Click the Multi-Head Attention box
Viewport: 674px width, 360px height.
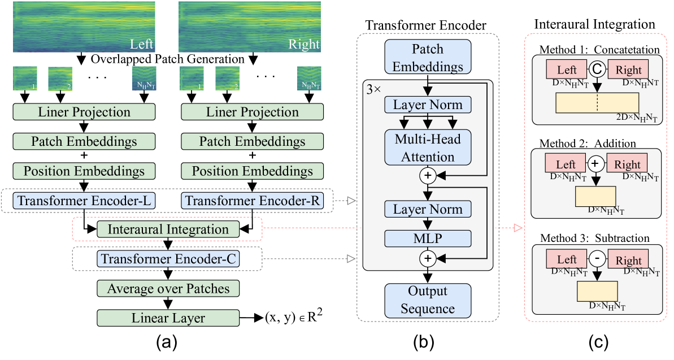(x=427, y=148)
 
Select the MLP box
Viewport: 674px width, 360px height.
(x=427, y=238)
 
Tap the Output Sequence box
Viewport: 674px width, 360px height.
(x=427, y=300)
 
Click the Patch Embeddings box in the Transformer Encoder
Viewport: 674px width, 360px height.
(x=427, y=57)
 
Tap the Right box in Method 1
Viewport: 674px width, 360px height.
(x=628, y=70)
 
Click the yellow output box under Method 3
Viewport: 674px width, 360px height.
(x=597, y=292)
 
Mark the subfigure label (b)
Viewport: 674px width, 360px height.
(x=428, y=342)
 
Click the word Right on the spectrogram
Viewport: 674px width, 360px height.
(x=304, y=44)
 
